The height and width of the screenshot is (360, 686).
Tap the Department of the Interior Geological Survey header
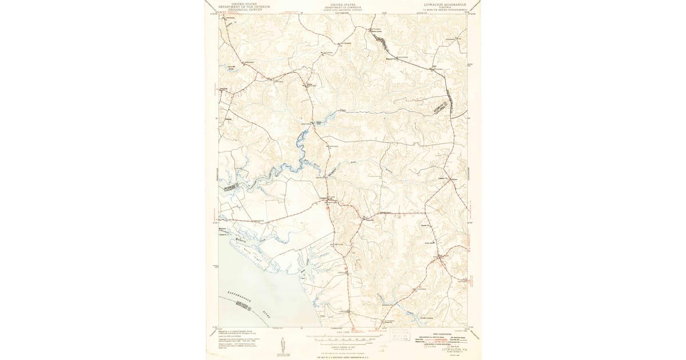tap(240, 7)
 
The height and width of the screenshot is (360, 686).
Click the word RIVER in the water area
tap(268, 313)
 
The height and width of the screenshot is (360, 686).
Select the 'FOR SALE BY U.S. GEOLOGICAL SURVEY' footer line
tap(343, 357)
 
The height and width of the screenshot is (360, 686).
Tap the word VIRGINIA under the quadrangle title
tap(445, 7)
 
